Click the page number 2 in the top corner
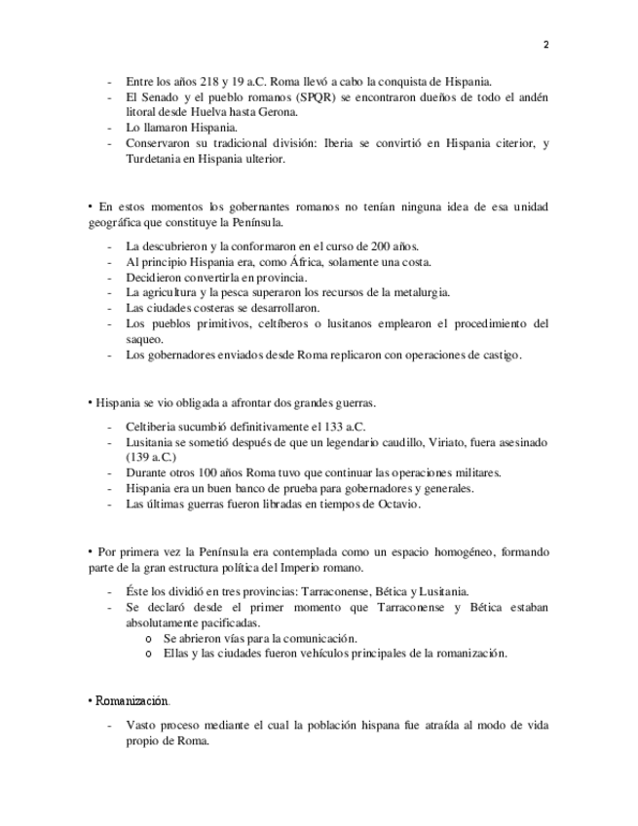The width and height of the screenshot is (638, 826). (545, 45)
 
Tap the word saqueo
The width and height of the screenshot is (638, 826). (145, 339)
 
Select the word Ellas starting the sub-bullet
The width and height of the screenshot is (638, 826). (176, 653)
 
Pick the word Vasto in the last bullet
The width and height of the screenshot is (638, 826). (144, 726)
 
